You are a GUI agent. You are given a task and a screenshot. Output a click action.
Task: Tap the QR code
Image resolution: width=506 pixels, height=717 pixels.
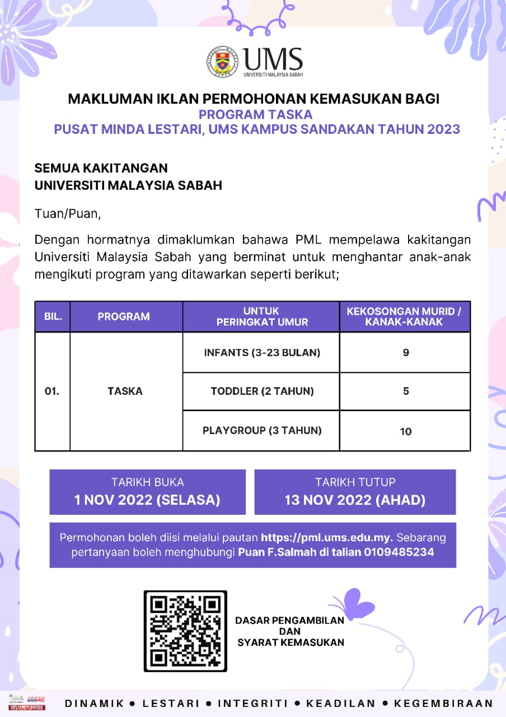[185, 631]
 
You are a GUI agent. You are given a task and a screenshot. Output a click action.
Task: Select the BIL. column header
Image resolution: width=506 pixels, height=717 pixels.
[53, 316]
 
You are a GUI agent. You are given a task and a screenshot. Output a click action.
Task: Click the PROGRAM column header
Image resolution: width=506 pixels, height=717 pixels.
[124, 316]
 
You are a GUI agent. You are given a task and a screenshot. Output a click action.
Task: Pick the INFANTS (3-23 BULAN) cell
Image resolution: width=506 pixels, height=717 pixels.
[262, 353]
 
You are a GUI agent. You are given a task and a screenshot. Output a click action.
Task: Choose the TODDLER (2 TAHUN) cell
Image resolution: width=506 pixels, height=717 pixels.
[262, 391]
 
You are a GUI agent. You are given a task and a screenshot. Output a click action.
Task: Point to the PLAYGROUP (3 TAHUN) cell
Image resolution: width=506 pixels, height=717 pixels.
[262, 431]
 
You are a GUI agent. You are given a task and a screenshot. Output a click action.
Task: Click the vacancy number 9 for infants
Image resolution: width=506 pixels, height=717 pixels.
[406, 353]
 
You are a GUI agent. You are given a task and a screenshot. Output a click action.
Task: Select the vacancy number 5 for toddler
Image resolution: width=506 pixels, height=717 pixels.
[406, 391]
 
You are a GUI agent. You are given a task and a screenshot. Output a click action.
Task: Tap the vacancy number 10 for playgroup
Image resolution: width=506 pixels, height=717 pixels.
[406, 431]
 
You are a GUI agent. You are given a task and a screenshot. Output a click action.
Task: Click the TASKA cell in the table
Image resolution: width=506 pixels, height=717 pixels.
[125, 391]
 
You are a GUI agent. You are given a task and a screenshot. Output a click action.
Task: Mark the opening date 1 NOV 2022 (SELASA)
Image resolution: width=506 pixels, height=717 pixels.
[147, 500]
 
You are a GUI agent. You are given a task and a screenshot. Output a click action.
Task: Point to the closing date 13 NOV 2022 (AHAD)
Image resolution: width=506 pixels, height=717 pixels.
[355, 500]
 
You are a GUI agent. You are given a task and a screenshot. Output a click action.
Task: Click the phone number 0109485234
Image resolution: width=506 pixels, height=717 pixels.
[400, 552]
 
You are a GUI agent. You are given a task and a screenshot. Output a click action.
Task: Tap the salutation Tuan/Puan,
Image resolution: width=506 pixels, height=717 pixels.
[68, 213]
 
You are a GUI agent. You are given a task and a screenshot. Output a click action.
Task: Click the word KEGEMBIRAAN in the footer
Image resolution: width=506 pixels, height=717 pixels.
[444, 704]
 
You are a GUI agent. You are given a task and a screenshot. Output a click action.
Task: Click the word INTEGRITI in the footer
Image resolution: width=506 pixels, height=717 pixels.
[252, 704]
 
